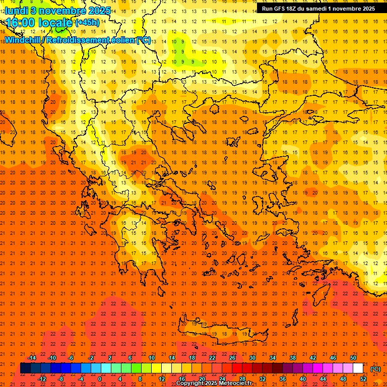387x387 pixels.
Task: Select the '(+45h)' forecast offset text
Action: tap(87, 23)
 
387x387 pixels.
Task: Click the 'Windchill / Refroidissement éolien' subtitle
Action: tap(78, 40)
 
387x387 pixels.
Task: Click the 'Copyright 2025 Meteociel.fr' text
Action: tap(214, 383)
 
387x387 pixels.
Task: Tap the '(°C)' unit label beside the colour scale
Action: tap(375, 369)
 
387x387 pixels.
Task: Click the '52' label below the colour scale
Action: tap(363, 379)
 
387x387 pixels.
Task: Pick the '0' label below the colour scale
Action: tap(100, 379)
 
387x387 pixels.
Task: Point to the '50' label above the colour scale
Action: tap(353, 358)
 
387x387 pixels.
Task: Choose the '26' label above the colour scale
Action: tap(232, 358)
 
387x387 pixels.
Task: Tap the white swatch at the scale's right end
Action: tap(358, 368)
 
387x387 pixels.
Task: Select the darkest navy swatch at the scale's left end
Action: tap(25, 368)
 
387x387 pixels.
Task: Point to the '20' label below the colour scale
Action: tap(202, 379)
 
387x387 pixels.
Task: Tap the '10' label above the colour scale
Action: tap(152, 358)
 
